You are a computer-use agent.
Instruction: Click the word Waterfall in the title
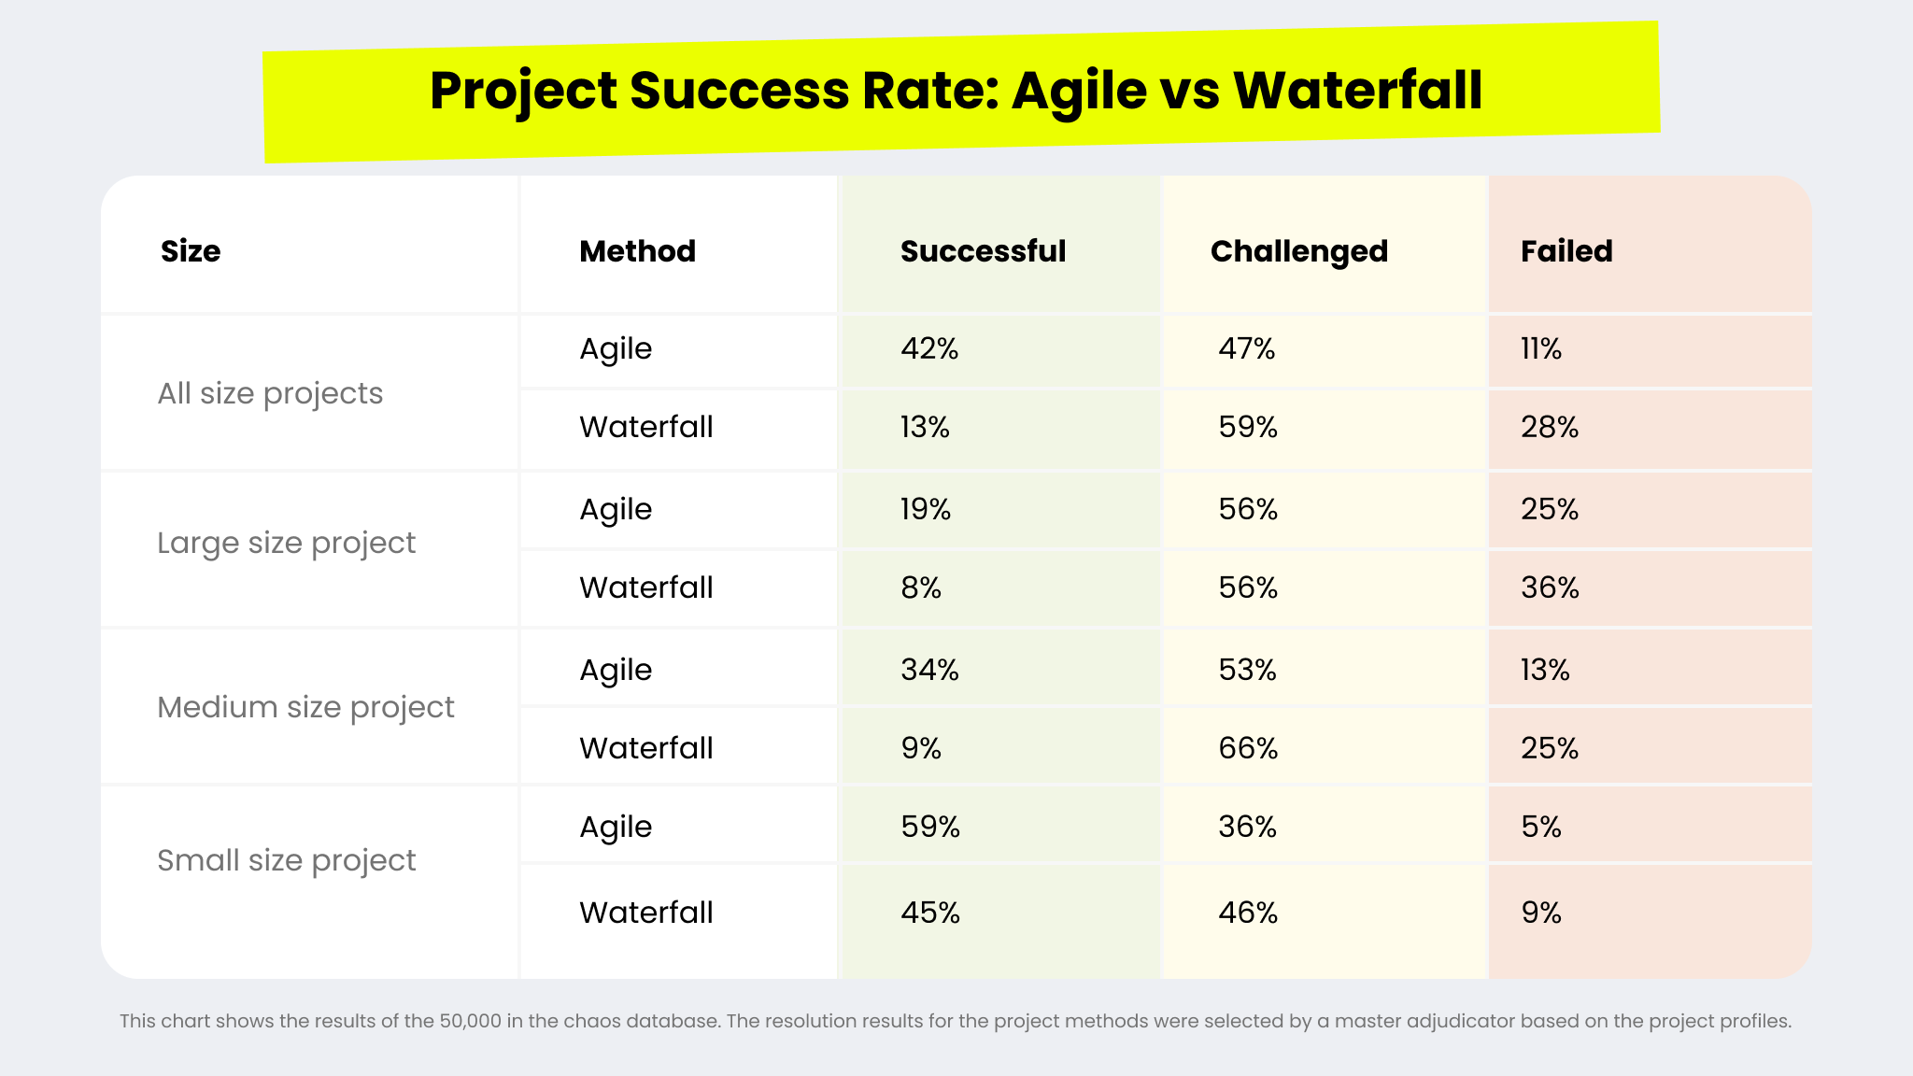[x=1357, y=91]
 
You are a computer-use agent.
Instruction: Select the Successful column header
[x=983, y=251]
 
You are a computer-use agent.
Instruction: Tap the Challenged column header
[x=1298, y=251]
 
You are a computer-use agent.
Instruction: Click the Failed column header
[x=1566, y=251]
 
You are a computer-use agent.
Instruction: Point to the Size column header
[x=191, y=251]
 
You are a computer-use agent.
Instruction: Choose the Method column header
[x=637, y=251]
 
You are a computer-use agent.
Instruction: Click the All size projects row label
[x=270, y=393]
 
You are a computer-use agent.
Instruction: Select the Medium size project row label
[x=305, y=707]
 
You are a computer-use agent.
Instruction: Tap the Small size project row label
[x=286, y=860]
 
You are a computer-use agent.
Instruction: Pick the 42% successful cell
[x=929, y=348]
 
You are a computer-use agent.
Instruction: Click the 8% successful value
[x=921, y=588]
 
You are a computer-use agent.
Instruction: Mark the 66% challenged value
[x=1248, y=748]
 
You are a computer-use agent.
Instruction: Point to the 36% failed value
[x=1550, y=588]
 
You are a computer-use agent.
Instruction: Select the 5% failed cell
[x=1541, y=827]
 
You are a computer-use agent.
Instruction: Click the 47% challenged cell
[x=1247, y=348]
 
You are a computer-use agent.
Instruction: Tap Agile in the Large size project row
[x=616, y=509]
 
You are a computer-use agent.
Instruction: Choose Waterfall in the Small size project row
[x=645, y=913]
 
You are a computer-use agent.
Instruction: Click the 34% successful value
[x=929, y=670]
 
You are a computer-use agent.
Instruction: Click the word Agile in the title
[x=1079, y=91]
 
